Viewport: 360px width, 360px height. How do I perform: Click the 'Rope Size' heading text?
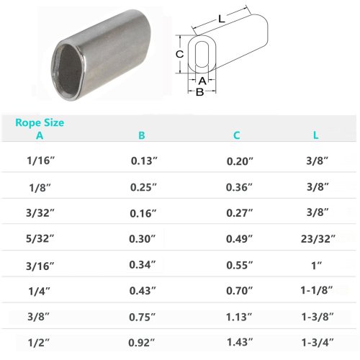tap(40, 122)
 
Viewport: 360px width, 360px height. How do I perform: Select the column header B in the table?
tap(141, 135)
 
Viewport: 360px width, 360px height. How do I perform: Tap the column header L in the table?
tap(315, 135)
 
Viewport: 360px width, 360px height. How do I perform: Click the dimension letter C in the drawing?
tap(181, 55)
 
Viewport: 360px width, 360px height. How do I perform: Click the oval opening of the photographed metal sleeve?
tap(66, 67)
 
